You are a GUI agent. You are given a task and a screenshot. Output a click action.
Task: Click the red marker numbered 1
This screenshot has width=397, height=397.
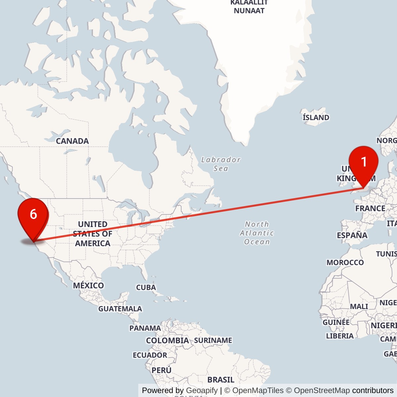(364, 162)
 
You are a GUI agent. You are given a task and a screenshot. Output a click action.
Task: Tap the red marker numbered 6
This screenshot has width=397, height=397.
(33, 214)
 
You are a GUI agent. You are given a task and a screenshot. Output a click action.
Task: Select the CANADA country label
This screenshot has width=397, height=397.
(72, 141)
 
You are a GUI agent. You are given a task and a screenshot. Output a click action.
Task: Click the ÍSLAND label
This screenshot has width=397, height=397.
(316, 117)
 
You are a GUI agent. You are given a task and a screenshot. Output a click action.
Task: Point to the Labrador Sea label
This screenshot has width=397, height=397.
(221, 164)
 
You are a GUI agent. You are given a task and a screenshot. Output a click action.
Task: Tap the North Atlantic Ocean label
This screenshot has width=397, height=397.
(257, 233)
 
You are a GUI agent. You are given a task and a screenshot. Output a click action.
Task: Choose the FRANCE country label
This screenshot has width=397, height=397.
(370, 208)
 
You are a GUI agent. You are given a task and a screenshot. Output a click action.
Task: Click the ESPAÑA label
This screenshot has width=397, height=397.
(352, 235)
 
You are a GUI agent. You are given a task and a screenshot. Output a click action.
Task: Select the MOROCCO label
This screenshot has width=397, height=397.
(345, 262)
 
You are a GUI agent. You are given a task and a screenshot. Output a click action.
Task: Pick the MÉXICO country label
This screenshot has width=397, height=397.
(88, 285)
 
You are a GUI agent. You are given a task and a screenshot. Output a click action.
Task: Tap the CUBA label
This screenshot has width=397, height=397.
(146, 287)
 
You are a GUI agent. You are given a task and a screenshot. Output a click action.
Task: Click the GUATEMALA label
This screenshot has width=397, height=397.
(120, 309)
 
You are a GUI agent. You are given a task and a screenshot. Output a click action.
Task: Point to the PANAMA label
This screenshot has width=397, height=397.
(145, 328)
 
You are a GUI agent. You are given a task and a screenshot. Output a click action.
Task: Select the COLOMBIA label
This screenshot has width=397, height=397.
(167, 340)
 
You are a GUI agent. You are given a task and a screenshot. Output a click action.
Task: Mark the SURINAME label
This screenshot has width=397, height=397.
(213, 340)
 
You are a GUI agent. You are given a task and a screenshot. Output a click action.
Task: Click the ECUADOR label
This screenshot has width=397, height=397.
(150, 355)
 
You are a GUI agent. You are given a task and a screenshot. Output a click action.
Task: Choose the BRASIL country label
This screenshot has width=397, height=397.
(221, 379)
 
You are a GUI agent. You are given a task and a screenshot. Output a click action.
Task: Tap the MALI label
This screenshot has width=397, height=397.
(359, 306)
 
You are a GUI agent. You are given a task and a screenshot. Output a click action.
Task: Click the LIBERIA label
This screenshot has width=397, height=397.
(340, 336)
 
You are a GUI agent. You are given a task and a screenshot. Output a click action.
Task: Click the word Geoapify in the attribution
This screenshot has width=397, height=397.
(202, 390)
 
